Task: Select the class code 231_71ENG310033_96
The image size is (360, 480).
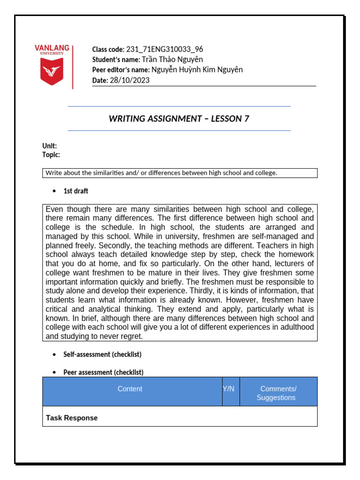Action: pos(165,49)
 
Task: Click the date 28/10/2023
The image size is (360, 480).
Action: pos(129,80)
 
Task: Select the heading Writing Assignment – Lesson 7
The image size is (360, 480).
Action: pos(179,119)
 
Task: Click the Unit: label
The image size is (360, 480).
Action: pos(50,146)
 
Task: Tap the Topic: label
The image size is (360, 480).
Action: pos(51,155)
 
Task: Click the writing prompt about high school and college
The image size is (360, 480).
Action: pos(161,173)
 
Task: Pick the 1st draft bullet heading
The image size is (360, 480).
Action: pos(75,191)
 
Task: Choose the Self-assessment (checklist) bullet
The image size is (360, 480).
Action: pos(102,354)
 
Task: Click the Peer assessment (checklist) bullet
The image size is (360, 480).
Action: pos(103,372)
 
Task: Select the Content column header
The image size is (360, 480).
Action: pos(130,389)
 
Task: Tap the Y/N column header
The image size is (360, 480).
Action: pos(229,389)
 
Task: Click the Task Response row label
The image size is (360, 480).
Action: pos(72,418)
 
